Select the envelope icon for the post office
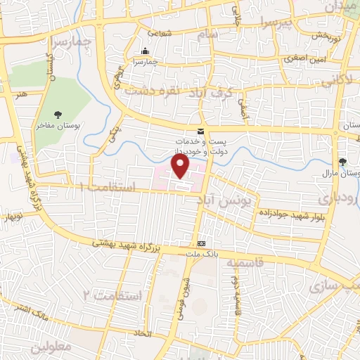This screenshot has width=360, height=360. coord(200,131)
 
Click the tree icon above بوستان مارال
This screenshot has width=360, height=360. coord(342,161)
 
